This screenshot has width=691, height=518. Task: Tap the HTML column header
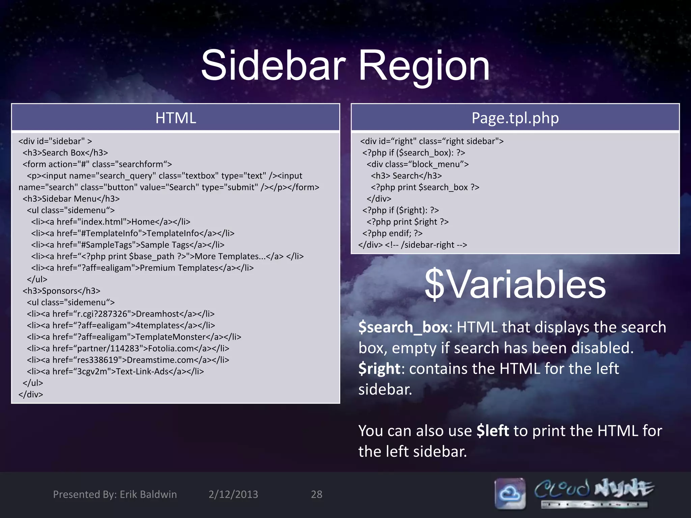pyautogui.click(x=175, y=118)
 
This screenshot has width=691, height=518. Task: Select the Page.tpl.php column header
pyautogui.click(x=515, y=118)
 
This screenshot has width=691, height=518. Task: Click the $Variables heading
pyautogui.click(x=515, y=284)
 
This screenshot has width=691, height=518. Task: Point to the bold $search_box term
pyautogui.click(x=403, y=327)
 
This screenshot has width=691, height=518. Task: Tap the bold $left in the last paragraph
pyautogui.click(x=492, y=431)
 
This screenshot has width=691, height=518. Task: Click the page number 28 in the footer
pyautogui.click(x=316, y=494)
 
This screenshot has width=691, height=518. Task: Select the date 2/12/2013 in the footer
pyautogui.click(x=233, y=494)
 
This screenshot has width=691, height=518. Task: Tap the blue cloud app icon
pyautogui.click(x=510, y=493)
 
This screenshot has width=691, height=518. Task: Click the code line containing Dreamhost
pyautogui.click(x=121, y=314)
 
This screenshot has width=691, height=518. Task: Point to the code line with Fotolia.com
pyautogui.click(x=128, y=348)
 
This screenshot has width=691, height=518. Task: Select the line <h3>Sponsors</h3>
pyautogui.click(x=61, y=291)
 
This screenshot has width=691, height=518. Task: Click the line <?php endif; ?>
pyautogui.click(x=392, y=233)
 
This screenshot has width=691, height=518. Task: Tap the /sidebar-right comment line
pyautogui.click(x=413, y=245)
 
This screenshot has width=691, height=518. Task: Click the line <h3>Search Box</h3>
pyautogui.click(x=65, y=153)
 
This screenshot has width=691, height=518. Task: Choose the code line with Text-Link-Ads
pyautogui.click(x=115, y=371)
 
